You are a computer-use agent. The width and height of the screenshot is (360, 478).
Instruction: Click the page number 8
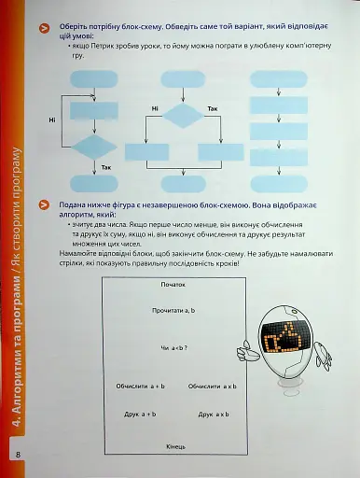[17, 455]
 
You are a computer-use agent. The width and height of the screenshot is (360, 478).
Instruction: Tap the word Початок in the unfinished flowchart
[173, 283]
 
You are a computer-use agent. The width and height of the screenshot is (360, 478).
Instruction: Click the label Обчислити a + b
[140, 385]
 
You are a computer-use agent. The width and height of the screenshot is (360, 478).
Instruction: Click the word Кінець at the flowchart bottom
[176, 447]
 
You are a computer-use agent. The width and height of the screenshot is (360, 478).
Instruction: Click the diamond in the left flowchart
[94, 148]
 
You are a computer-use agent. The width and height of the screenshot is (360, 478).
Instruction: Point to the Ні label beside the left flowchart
[52, 119]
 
